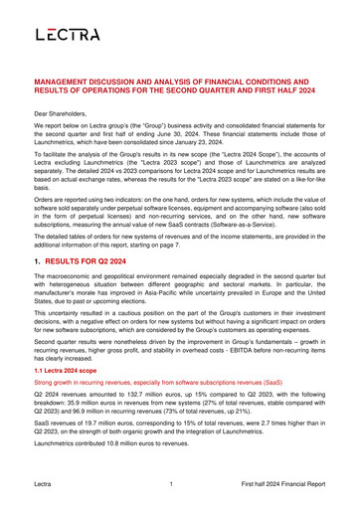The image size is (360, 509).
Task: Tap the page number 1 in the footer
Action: click(172, 483)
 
